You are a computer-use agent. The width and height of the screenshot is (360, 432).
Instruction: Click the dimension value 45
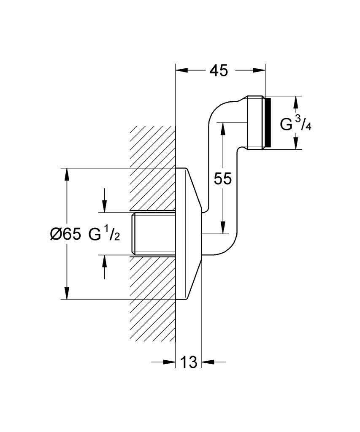coord(218,70)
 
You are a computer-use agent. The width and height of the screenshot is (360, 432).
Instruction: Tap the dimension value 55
coord(222,178)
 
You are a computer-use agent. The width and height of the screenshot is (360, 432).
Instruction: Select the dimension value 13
coord(189,362)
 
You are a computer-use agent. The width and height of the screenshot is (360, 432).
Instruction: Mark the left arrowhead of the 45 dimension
coord(181,70)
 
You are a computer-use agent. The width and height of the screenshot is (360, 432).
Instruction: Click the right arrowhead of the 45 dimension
coord(260,70)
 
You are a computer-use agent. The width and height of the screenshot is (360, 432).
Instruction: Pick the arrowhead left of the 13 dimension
coord(170,362)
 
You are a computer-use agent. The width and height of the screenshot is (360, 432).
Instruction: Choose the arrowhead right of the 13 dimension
coord(208,362)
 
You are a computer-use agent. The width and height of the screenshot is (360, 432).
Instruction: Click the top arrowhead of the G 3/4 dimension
coord(296,101)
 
